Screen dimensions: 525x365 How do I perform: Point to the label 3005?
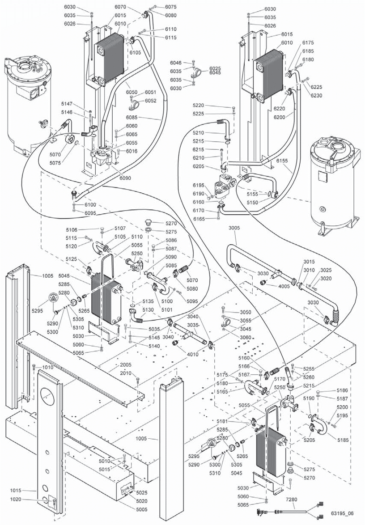tap(234, 228)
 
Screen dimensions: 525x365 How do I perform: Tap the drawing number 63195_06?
tap(342, 513)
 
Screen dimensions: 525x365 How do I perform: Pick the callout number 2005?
tap(125, 365)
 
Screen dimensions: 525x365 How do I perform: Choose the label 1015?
tap(16, 491)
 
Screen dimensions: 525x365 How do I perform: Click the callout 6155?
tap(282, 160)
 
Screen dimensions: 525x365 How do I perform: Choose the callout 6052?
tap(150, 101)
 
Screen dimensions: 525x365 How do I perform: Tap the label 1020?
tap(16, 500)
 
